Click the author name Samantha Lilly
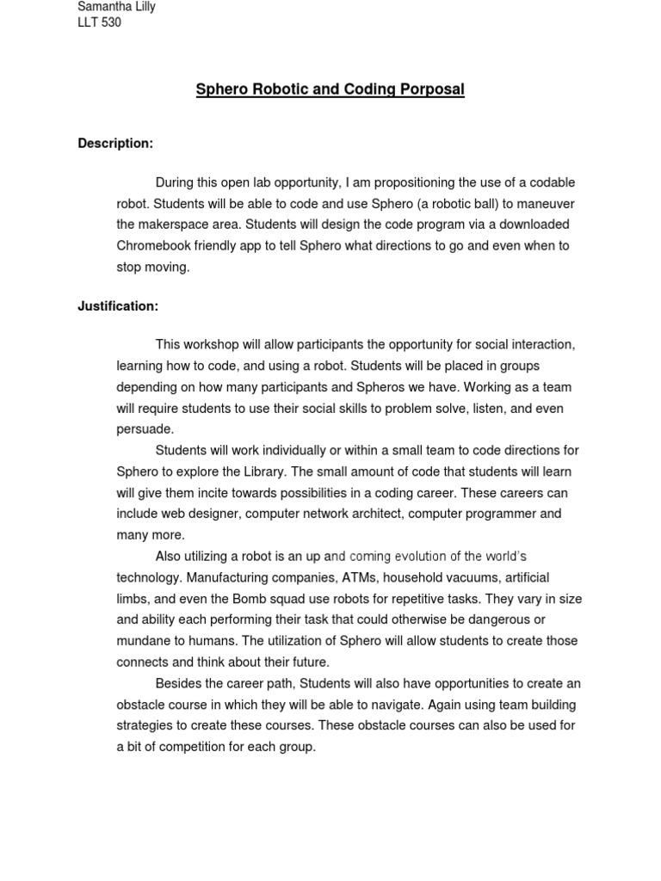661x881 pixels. point(116,7)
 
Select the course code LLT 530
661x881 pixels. point(99,22)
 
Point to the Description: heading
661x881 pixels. point(115,144)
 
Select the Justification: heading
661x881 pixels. point(118,306)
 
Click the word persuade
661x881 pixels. point(144,429)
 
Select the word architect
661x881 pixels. point(374,514)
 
